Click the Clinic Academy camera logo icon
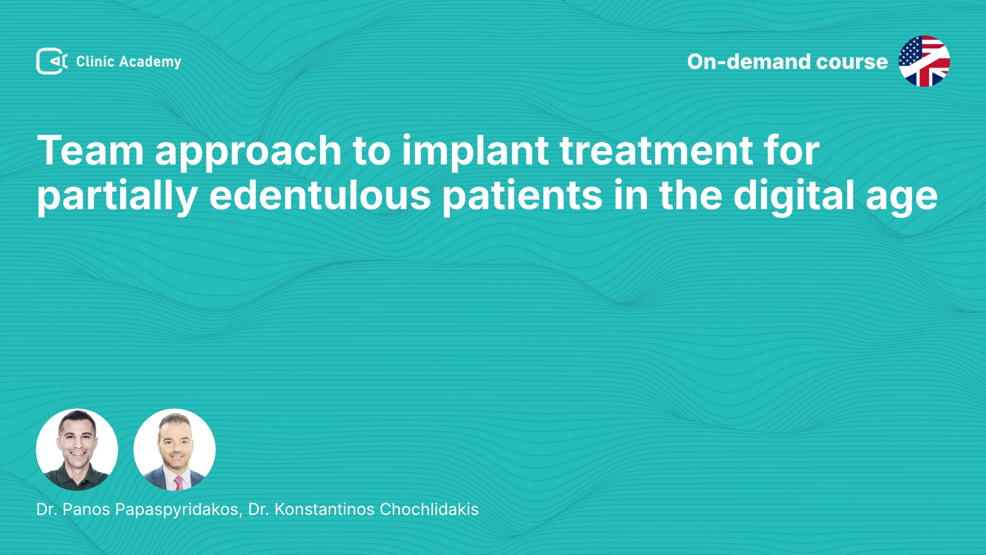point(52,61)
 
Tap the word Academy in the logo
point(150,62)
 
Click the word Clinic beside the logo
point(95,61)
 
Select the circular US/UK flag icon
point(924,61)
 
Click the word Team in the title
point(90,150)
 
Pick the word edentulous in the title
point(320,195)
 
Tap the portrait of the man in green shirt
point(77,450)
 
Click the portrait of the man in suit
point(175,450)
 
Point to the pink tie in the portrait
point(178,483)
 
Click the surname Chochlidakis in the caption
point(429,509)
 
